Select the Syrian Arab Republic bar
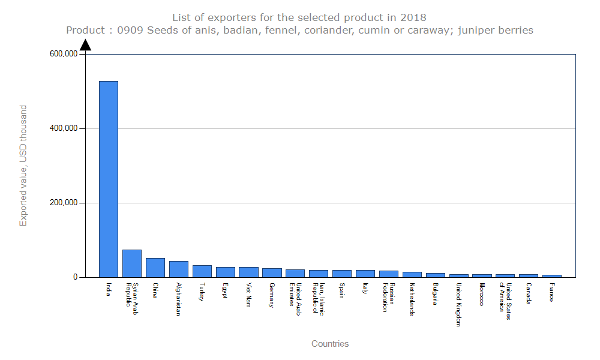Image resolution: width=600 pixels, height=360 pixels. pos(132,263)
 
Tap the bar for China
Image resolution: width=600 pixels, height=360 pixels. pos(155,268)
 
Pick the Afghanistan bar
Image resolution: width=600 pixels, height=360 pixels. pos(179,269)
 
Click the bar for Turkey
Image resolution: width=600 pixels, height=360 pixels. pos(202,271)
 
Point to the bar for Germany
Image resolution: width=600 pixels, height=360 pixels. pos(272,272)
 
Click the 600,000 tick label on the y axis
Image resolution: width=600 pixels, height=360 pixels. pos(63,54)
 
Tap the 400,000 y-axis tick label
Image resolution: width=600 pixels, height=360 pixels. pos(63,128)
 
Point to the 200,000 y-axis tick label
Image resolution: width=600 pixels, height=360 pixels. pos(63,203)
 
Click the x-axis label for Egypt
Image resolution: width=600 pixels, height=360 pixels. pos(225,290)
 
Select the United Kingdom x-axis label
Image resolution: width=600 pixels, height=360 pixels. pos(458,304)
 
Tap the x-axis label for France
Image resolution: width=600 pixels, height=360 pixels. pos(551,292)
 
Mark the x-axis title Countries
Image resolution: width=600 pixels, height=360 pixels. pos(330,344)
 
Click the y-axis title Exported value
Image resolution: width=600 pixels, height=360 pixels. pos(23,166)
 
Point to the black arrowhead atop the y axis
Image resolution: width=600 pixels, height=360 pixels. pos(86,45)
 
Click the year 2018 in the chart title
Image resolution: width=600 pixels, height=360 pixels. pos(414,17)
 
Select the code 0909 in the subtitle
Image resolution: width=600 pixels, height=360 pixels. pos(130,30)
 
